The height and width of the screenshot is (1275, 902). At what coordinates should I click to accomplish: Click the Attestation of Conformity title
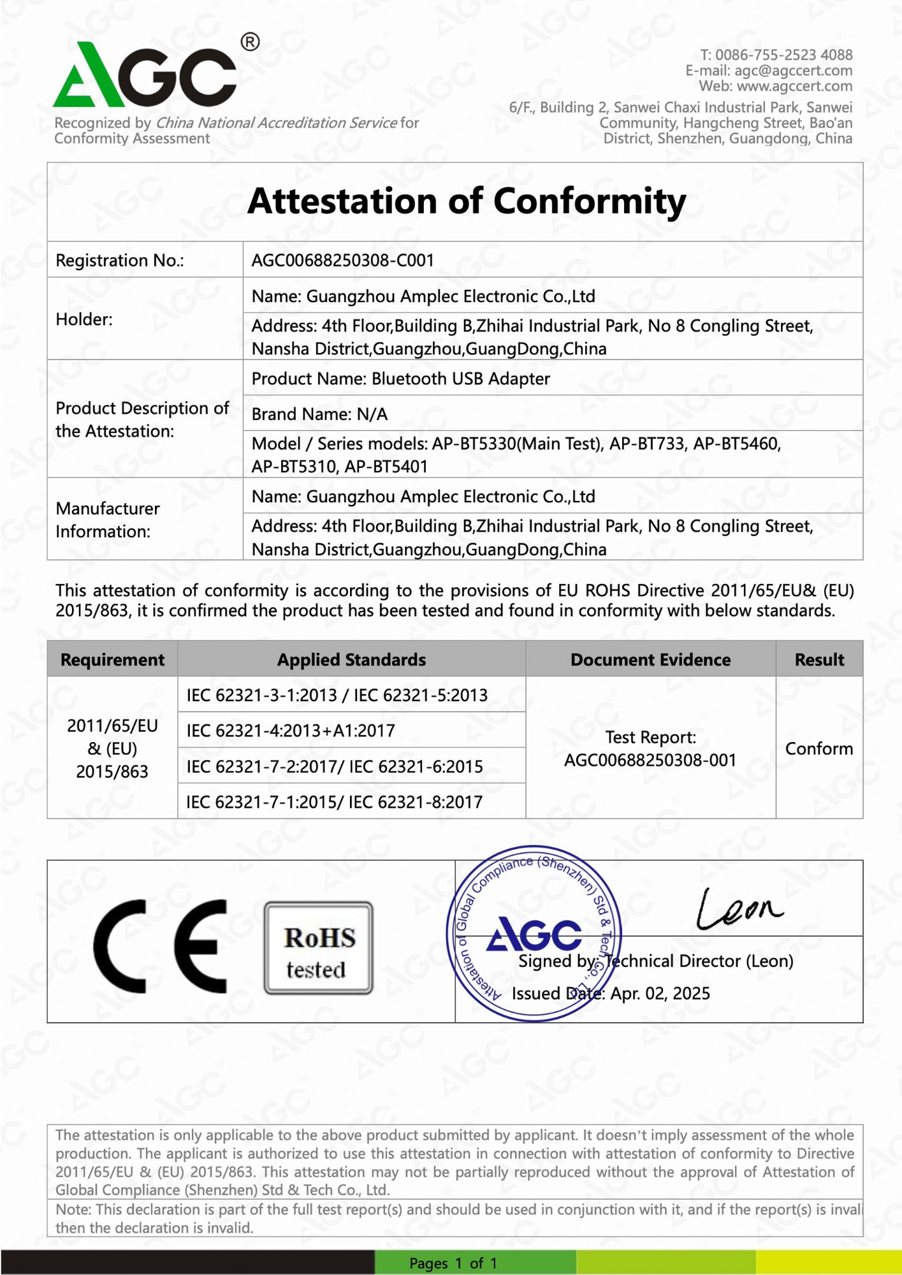point(467,201)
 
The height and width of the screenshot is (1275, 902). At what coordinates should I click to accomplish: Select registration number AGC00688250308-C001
point(342,260)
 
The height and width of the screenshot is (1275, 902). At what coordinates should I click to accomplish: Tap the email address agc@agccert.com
point(793,70)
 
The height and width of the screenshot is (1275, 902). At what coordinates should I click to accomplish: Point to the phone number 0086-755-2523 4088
point(783,55)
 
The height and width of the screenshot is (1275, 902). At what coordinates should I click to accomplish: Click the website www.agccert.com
point(794,86)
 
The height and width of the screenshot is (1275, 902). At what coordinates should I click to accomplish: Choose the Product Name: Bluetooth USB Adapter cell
point(400,379)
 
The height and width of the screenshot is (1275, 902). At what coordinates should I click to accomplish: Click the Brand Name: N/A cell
point(319,414)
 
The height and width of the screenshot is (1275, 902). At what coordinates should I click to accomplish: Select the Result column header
point(819,659)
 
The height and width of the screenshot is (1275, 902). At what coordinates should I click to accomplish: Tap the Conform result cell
point(819,748)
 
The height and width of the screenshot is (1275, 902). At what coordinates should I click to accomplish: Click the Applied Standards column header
point(351,659)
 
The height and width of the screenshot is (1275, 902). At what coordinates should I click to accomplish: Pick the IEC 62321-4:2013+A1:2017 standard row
point(291,731)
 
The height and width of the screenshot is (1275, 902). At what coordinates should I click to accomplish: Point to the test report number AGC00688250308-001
point(650,760)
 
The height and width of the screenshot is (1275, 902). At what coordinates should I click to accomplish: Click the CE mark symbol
point(160,946)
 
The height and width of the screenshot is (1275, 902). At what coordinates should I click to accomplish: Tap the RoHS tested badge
point(319,948)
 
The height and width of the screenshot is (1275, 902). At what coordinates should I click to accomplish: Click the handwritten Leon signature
point(739,908)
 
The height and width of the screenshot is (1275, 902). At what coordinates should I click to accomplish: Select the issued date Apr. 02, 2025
point(660,993)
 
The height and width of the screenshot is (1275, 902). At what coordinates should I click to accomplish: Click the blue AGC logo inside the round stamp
point(534,934)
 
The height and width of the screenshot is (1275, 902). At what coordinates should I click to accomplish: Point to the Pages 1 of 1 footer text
point(453,1263)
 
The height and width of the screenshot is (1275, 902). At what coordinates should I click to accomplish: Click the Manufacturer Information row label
point(107,520)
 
